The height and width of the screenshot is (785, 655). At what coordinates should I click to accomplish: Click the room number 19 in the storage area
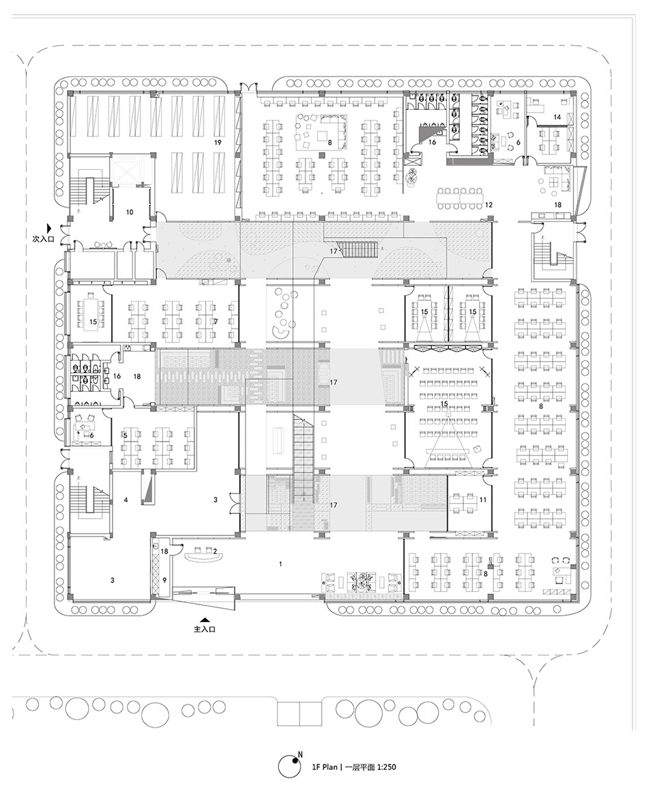[x=218, y=143]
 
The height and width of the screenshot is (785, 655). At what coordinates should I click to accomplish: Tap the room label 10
[x=129, y=212]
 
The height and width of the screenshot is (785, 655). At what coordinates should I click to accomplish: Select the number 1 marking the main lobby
[x=280, y=564]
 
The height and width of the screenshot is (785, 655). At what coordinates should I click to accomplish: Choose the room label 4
[x=126, y=500]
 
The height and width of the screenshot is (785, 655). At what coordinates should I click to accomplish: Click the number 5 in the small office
[x=125, y=434]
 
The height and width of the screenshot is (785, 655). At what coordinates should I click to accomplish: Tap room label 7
[x=215, y=321]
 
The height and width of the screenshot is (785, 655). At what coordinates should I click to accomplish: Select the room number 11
[x=484, y=500]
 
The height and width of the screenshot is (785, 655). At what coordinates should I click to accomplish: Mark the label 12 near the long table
[x=489, y=205]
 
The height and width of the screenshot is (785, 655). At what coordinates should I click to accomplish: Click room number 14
[x=557, y=117]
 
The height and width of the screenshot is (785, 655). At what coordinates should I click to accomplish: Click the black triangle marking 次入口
[x=48, y=227]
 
